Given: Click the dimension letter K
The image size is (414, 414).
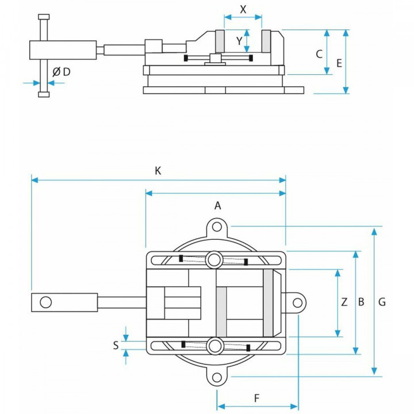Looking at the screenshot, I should pyautogui.click(x=158, y=170).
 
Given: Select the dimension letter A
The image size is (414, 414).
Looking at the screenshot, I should pyautogui.click(x=217, y=205).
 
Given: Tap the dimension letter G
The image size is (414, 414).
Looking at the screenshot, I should pyautogui.click(x=382, y=301).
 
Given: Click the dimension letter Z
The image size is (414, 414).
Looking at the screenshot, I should pyautogui.click(x=344, y=301).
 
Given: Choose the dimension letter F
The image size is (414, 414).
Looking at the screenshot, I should pyautogui.click(x=257, y=397).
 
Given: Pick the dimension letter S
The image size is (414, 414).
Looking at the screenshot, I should pyautogui.click(x=116, y=345).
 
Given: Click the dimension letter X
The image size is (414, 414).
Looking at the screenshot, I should pyautogui.click(x=243, y=10).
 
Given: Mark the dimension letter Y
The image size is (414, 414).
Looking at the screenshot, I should pyautogui.click(x=239, y=41).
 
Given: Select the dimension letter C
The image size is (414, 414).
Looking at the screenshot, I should pyautogui.click(x=319, y=54).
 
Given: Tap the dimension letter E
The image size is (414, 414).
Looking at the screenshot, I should pyautogui.click(x=339, y=63).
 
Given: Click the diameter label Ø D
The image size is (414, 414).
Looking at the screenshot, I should pyautogui.click(x=62, y=72).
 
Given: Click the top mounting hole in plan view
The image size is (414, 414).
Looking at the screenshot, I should pyautogui.click(x=217, y=227).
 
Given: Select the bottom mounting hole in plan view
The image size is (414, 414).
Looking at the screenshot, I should pyautogui.click(x=217, y=377).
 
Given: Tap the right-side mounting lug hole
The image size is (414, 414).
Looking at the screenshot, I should pyautogui.click(x=297, y=302).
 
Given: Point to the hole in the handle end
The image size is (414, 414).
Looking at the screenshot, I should pyautogui.click(x=45, y=302).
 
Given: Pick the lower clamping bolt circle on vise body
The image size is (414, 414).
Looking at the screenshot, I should pyautogui.click(x=215, y=346).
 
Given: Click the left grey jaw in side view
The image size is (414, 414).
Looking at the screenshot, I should pyautogui.click(x=220, y=41).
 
